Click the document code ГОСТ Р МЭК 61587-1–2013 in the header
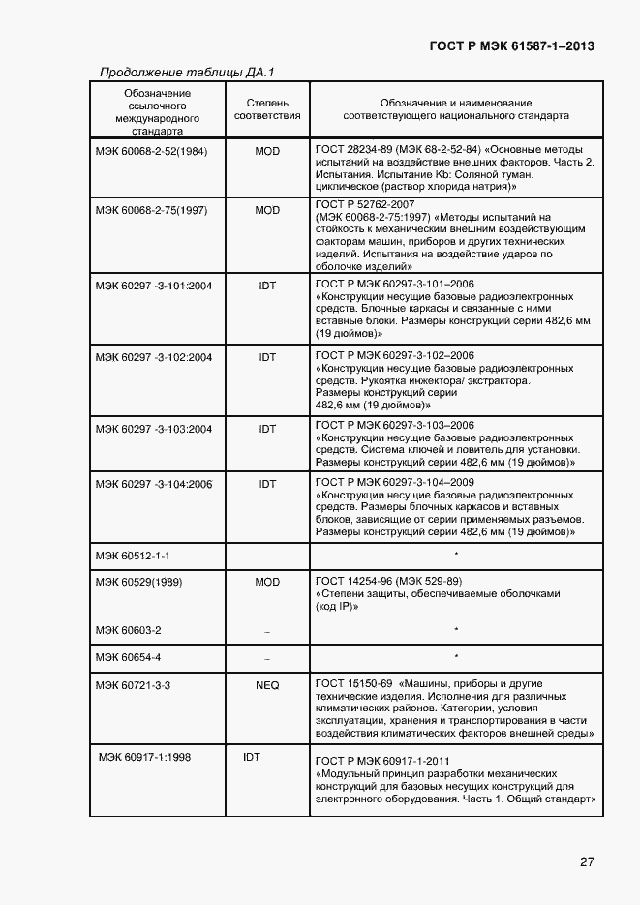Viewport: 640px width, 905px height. pos(511,45)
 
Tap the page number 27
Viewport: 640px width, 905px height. pos(587,861)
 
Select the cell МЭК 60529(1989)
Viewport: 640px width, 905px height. pos(139,583)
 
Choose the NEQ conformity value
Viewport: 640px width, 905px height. pos(267,685)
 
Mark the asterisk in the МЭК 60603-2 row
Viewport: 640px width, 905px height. pos(455,630)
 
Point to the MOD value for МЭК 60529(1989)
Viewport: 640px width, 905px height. pos(267,583)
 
